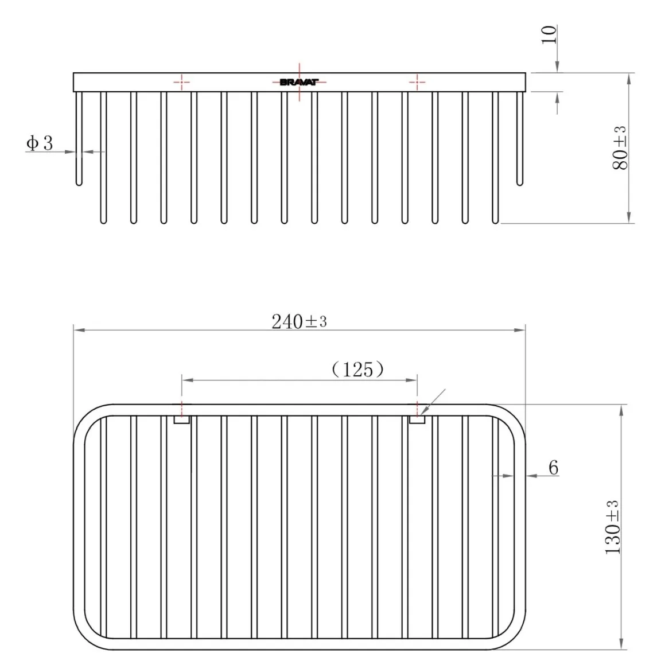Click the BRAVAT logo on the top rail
point(300,82)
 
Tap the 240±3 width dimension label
point(299,322)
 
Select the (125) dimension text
point(358,370)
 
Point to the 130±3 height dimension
point(612,527)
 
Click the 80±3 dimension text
point(620,148)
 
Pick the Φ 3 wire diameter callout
point(40,143)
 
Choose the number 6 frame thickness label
point(554,468)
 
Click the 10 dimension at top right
point(549,34)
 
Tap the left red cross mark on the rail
point(182,82)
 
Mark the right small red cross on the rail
point(417,82)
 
